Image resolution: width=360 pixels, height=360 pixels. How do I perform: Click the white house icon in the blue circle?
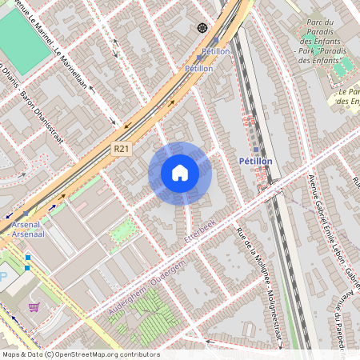coord(180,173)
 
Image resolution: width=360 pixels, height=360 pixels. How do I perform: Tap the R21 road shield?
coord(121,148)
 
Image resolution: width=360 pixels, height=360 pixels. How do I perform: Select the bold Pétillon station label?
coord(256,161)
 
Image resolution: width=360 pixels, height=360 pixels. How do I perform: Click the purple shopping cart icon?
coord(34,306)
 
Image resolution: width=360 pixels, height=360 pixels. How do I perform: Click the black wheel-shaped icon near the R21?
coord(202,28)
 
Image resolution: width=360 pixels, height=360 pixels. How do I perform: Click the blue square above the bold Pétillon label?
coord(256,150)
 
